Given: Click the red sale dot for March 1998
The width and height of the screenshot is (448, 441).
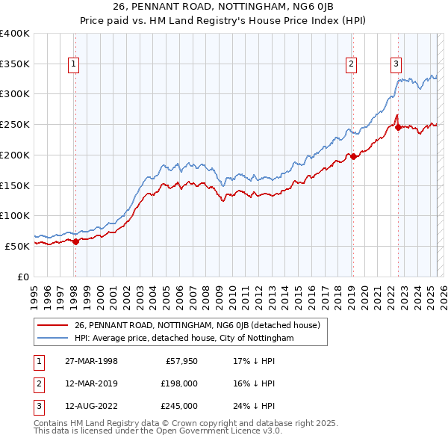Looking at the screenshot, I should [75, 241].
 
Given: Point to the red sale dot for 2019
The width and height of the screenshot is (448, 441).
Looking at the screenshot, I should [352, 157].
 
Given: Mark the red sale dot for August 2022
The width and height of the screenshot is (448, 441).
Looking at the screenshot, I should [398, 128].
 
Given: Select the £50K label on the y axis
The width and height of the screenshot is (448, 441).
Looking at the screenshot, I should [17, 245].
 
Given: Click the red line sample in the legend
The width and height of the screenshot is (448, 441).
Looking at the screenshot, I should [54, 325].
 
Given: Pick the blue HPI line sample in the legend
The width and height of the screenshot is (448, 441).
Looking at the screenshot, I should [54, 338].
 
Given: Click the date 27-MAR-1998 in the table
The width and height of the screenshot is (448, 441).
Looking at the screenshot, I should [91, 361].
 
